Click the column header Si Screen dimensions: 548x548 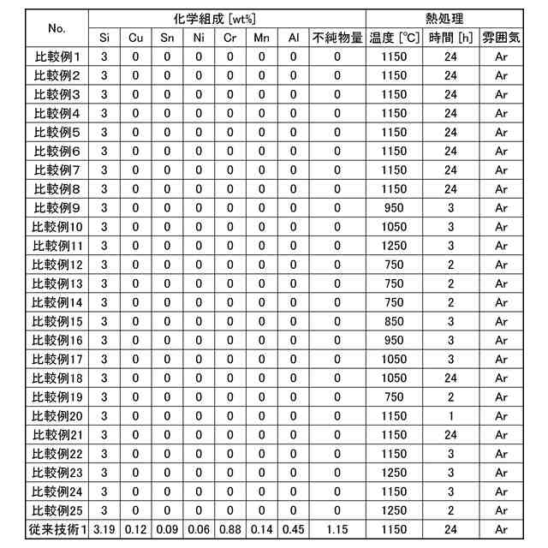(104, 38)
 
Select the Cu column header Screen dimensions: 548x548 (135, 38)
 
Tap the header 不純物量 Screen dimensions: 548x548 (337, 38)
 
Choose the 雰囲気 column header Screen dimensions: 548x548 (502, 38)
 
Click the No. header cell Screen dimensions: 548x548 (57, 27)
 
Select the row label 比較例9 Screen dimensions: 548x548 (57, 208)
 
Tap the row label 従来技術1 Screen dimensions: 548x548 (57, 529)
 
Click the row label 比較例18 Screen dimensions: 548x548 (57, 378)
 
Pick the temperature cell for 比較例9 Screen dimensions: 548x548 (394, 208)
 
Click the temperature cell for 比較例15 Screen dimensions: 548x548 (394, 321)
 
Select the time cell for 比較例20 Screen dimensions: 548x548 (450, 415)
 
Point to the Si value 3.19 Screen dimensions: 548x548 (104, 529)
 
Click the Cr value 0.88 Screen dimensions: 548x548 (229, 529)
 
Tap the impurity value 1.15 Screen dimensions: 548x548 (337, 529)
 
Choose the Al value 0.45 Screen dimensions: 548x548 (293, 529)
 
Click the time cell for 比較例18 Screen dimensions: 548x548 (450, 378)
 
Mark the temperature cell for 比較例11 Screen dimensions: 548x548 (394, 246)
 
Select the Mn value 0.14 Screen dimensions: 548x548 (261, 529)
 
